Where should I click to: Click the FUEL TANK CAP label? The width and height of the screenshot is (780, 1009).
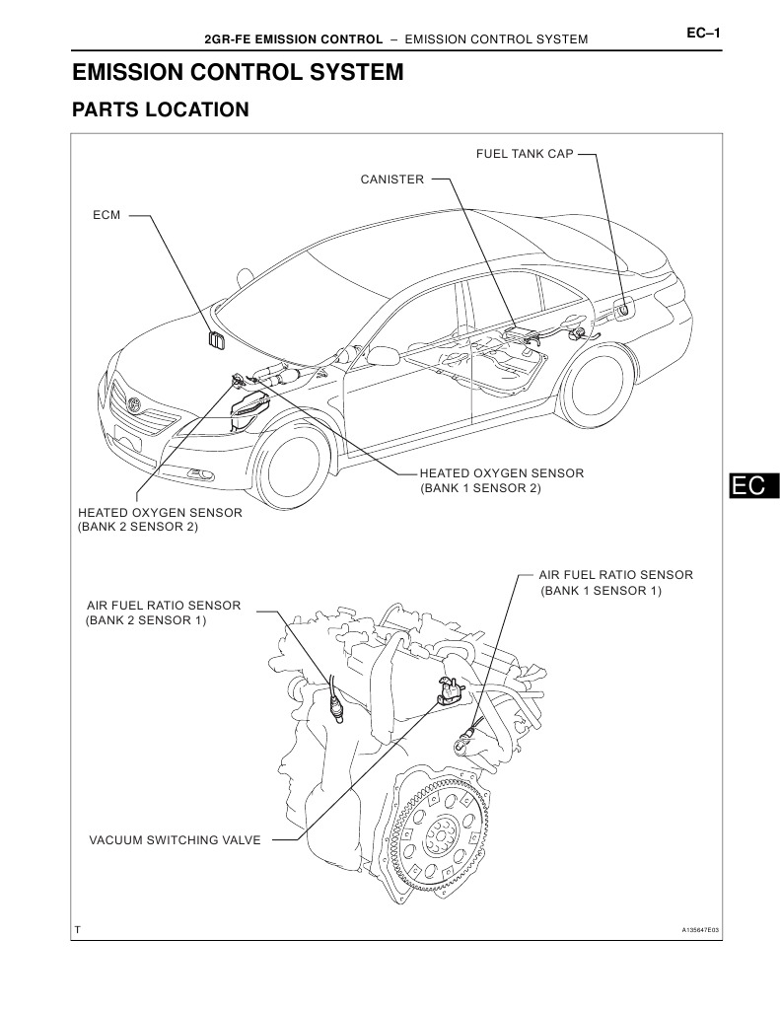[524, 154]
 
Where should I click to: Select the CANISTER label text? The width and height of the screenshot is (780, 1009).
[391, 180]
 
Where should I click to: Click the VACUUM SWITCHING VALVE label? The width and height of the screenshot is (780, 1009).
[175, 840]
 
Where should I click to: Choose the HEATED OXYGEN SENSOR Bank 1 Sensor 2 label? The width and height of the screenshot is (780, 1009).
[501, 480]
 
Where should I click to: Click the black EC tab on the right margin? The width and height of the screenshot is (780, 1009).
[749, 485]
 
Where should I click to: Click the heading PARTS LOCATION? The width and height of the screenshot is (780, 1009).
[161, 109]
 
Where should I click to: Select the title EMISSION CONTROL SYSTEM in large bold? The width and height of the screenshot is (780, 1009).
[238, 72]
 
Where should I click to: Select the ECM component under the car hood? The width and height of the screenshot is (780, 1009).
[216, 341]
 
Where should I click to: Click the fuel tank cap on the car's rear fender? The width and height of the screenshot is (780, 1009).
[623, 312]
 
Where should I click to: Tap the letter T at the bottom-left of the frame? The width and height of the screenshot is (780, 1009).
[77, 930]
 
